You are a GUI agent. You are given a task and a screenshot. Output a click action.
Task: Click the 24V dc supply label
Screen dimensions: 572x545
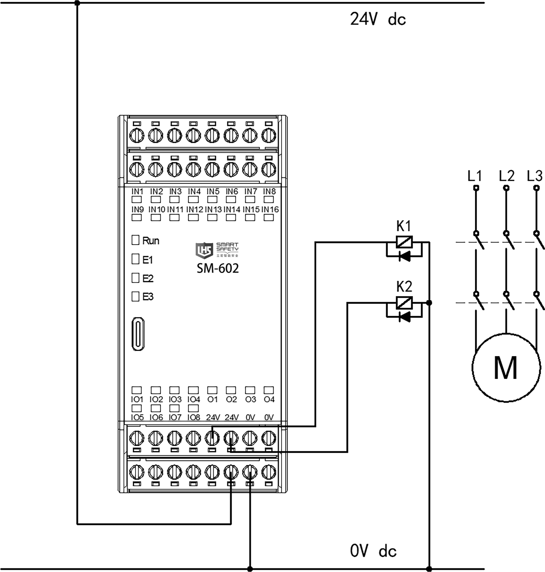click(x=378, y=19)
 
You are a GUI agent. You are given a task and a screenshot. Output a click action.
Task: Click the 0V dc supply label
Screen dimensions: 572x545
click(x=373, y=551)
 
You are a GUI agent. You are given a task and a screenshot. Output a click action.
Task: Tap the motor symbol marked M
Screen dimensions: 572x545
click(x=506, y=367)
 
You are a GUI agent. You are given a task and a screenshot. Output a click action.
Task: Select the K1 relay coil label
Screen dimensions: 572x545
click(x=404, y=226)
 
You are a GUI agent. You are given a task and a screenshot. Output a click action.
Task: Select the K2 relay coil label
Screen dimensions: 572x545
click(x=404, y=287)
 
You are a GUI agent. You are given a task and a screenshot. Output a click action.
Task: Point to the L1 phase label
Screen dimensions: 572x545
click(x=475, y=176)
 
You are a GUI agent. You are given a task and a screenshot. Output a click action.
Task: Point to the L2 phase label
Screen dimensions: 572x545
click(x=506, y=176)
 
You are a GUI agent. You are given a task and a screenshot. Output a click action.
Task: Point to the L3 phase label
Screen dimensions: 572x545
click(x=535, y=176)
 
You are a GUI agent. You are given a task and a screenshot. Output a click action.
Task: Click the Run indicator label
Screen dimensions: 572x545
click(x=150, y=241)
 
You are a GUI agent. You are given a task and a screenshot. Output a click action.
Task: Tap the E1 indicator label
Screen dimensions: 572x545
click(x=148, y=260)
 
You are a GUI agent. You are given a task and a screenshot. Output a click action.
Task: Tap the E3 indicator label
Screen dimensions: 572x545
click(x=148, y=297)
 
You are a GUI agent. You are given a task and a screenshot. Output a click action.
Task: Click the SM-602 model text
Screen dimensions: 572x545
click(x=218, y=268)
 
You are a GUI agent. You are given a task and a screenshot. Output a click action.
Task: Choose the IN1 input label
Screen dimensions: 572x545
click(x=137, y=192)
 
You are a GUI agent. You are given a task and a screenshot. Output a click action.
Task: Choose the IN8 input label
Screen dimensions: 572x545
click(x=269, y=192)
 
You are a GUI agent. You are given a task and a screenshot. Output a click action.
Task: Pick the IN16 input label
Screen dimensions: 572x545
click(x=270, y=210)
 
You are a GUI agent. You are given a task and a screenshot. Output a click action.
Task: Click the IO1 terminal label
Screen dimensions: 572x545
click(x=137, y=399)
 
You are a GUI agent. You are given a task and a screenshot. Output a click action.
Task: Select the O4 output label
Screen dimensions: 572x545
click(x=269, y=399)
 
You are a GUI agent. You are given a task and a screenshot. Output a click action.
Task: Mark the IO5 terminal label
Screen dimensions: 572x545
click(x=137, y=418)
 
